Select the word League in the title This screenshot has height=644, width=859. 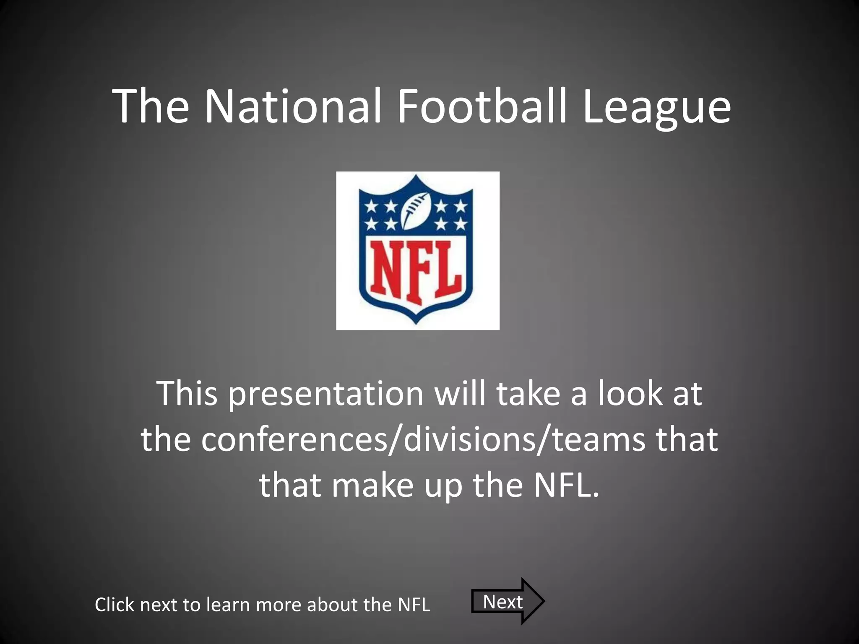[656, 107]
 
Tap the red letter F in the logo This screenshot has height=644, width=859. [420, 274]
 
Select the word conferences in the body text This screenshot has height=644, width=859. [294, 440]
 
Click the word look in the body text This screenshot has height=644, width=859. [630, 394]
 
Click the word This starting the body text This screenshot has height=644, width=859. [187, 394]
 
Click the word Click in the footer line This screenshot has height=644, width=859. [115, 605]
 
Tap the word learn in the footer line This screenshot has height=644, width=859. [227, 605]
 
